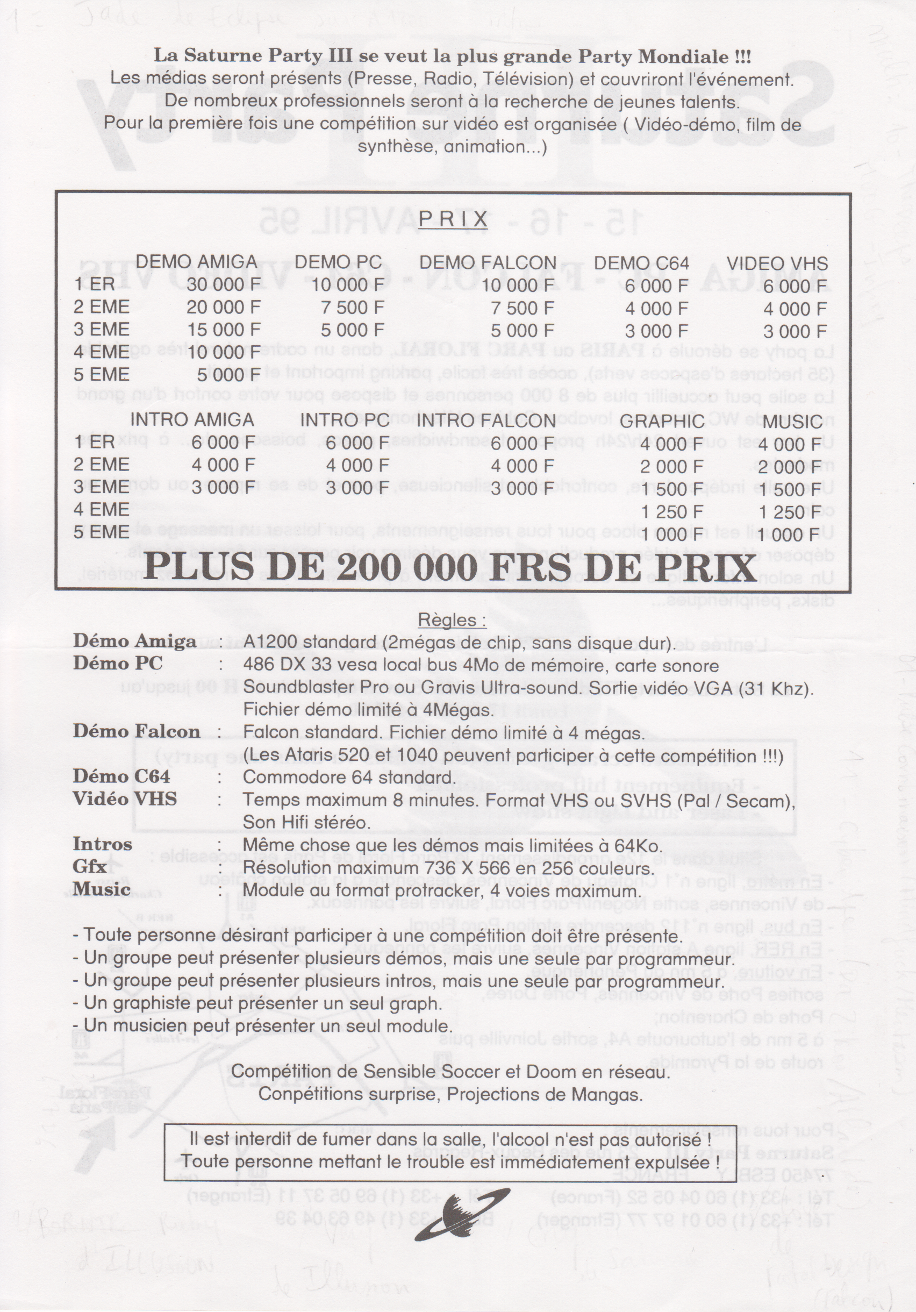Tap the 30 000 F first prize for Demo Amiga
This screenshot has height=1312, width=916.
click(x=224, y=284)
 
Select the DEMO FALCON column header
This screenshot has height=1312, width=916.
click(x=488, y=262)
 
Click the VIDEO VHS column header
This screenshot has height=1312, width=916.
click(x=777, y=263)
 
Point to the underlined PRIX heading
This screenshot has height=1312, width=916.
click(x=453, y=219)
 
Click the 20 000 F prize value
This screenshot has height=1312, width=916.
click(x=224, y=308)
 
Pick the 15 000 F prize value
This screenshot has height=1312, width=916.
click(x=224, y=330)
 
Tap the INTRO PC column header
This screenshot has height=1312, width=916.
click(x=345, y=420)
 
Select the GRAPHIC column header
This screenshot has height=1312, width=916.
click(x=662, y=422)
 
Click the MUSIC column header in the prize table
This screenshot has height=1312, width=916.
click(x=792, y=422)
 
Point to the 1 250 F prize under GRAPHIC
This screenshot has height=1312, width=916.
click(x=671, y=512)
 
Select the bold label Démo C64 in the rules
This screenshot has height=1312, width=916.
click(x=121, y=777)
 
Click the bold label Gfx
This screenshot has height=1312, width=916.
click(x=90, y=866)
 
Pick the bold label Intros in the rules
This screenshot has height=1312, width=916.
click(x=102, y=844)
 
